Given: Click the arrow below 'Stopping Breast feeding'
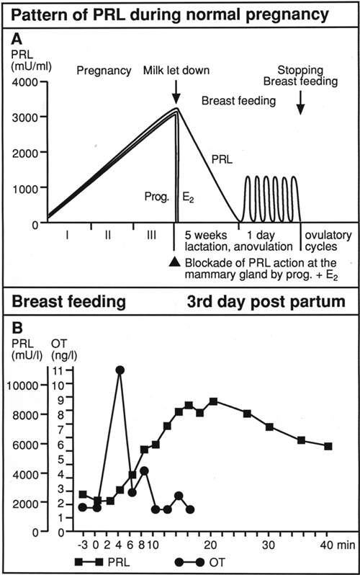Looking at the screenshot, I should coord(301,105).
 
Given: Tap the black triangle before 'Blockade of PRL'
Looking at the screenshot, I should coord(176,262).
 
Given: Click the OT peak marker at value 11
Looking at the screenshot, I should coord(120,370).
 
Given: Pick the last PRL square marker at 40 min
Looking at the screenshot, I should coord(328,446).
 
